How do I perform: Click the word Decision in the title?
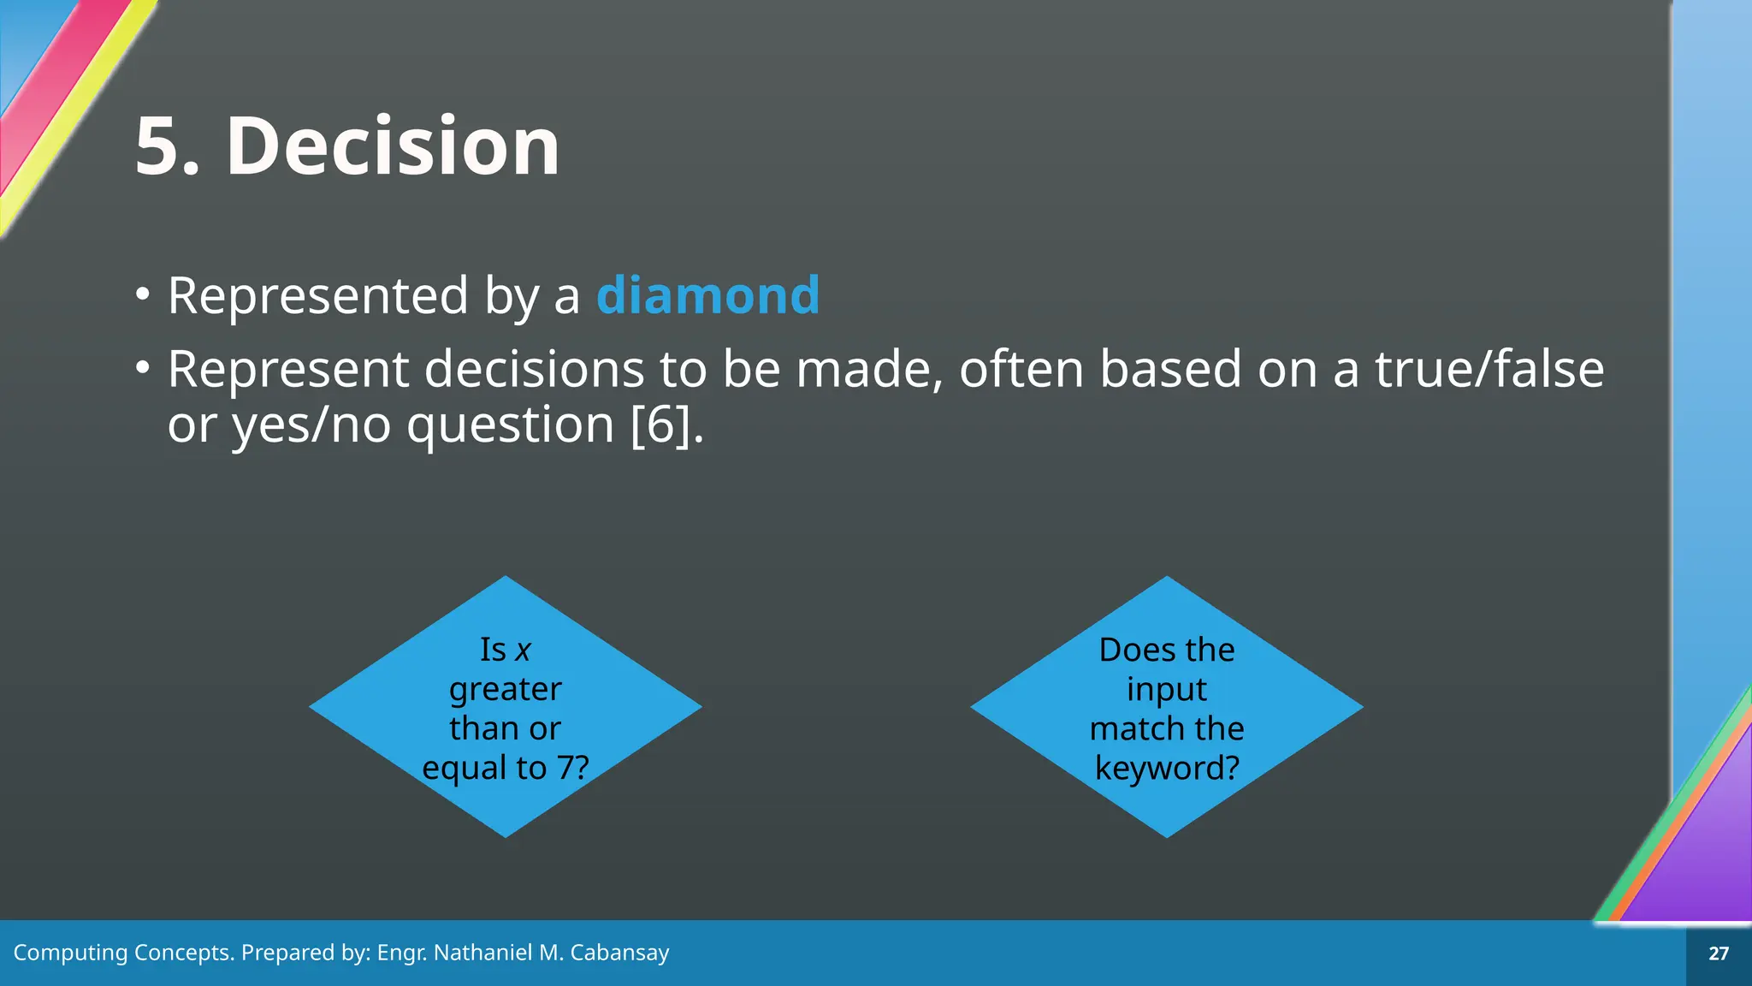[393, 146]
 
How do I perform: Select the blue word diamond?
[707, 295]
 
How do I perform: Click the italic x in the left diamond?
[524, 650]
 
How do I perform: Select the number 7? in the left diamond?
[572, 768]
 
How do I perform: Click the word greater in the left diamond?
[506, 690]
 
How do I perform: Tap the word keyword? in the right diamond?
[1167, 769]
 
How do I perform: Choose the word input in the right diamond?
[1167, 690]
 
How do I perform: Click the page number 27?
[1718, 953]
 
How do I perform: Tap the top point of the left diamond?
[506, 579]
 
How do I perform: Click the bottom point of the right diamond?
[1167, 834]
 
